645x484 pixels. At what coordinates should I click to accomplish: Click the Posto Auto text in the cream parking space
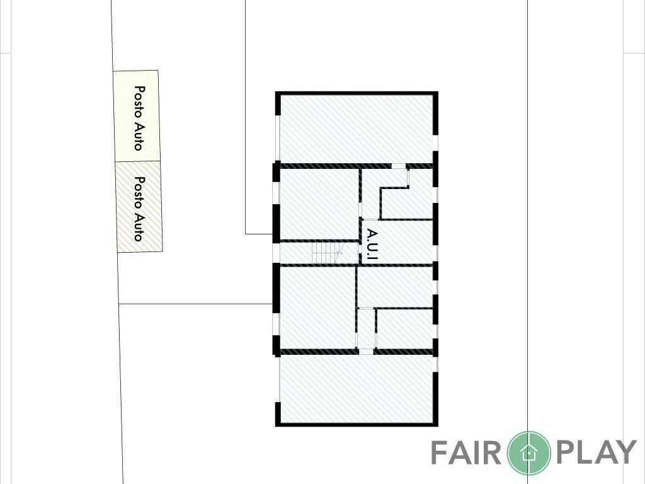pyautogui.click(x=140, y=118)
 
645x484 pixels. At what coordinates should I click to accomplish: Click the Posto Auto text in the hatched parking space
pyautogui.click(x=140, y=209)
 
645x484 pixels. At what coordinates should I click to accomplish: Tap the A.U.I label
pyautogui.click(x=372, y=245)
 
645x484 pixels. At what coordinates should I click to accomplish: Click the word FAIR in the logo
pyautogui.click(x=465, y=452)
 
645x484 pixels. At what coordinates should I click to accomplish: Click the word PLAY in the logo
pyautogui.click(x=596, y=452)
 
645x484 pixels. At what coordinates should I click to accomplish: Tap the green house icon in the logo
pyautogui.click(x=528, y=452)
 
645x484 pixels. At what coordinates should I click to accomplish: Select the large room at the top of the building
pyautogui.click(x=357, y=130)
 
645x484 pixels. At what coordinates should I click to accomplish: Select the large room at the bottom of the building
pyautogui.click(x=357, y=388)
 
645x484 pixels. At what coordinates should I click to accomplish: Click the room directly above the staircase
pyautogui.click(x=319, y=204)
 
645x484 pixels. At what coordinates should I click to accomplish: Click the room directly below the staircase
pyautogui.click(x=317, y=308)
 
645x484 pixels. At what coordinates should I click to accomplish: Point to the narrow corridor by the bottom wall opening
pyautogui.click(x=366, y=328)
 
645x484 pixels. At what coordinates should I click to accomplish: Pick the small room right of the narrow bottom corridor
pyautogui.click(x=405, y=329)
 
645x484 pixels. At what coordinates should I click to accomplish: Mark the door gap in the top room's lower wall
pyautogui.click(x=398, y=166)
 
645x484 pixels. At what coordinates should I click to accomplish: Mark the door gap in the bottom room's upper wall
pyautogui.click(x=366, y=352)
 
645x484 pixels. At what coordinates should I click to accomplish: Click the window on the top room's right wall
pyautogui.click(x=436, y=143)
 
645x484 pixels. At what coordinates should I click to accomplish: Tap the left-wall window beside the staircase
pyautogui.click(x=277, y=253)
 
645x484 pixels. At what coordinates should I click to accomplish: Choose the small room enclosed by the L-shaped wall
pyautogui.click(x=408, y=204)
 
